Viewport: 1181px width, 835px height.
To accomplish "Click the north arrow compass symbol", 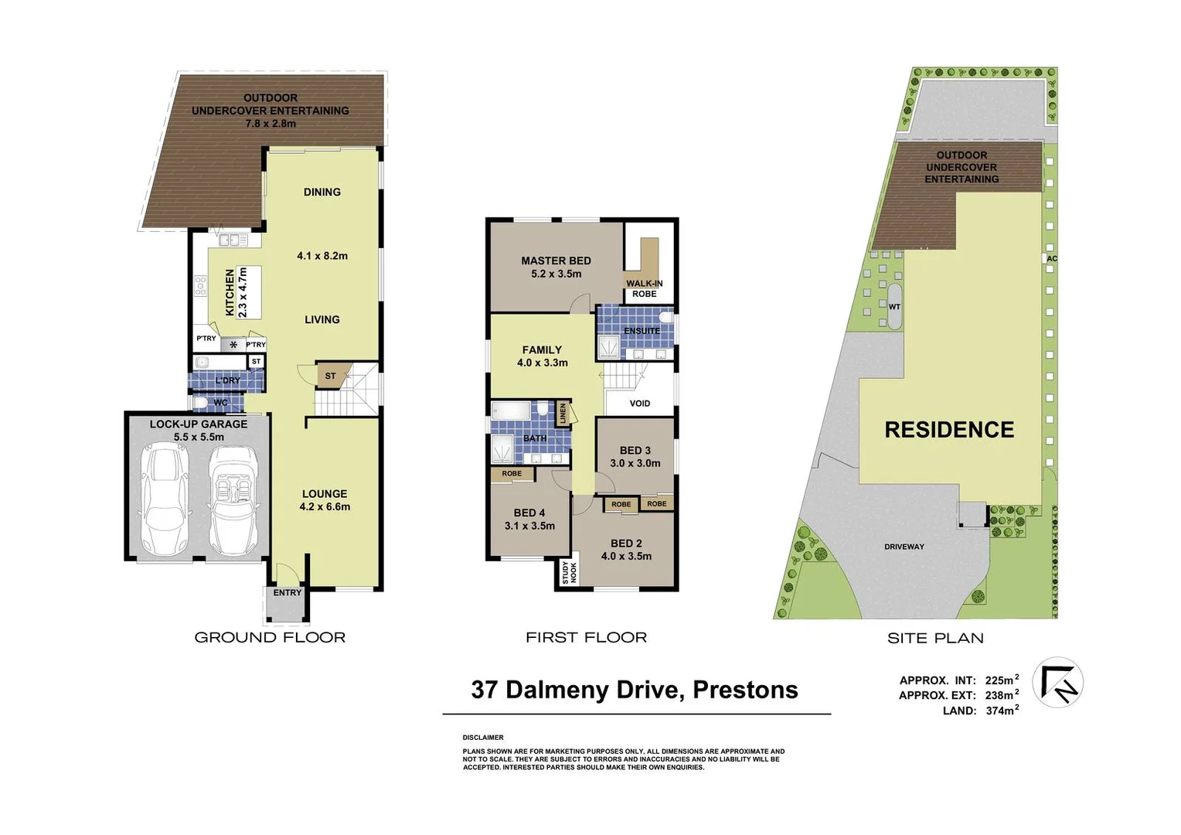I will click(1057, 682).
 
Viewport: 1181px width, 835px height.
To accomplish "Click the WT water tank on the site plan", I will click(894, 306).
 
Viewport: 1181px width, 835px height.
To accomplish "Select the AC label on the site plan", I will click(1051, 258).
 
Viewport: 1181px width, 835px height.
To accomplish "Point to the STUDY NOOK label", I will click(569, 572).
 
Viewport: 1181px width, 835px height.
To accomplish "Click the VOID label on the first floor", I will click(639, 403).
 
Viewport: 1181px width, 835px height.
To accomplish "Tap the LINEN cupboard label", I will click(563, 413).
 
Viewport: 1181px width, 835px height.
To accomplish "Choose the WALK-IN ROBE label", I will click(644, 288).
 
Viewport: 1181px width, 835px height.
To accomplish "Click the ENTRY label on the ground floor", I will click(288, 592).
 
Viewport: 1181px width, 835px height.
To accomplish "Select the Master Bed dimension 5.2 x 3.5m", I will click(556, 274).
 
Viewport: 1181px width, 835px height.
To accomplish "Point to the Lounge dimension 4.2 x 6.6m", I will click(325, 506).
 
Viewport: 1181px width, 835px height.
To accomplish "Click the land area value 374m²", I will click(1002, 711).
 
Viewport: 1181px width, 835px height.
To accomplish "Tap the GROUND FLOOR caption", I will click(270, 637).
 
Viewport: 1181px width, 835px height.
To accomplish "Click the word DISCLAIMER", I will click(483, 738).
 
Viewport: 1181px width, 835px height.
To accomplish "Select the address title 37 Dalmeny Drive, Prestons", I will click(635, 689).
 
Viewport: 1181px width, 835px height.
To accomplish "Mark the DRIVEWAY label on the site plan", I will click(904, 547).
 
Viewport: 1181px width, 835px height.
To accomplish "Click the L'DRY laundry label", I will click(227, 380).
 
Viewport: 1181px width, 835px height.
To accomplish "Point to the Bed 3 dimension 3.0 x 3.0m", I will click(635, 463).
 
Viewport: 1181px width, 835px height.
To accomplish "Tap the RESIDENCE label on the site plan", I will click(949, 430).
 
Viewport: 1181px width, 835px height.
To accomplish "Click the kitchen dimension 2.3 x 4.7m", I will click(242, 292).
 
